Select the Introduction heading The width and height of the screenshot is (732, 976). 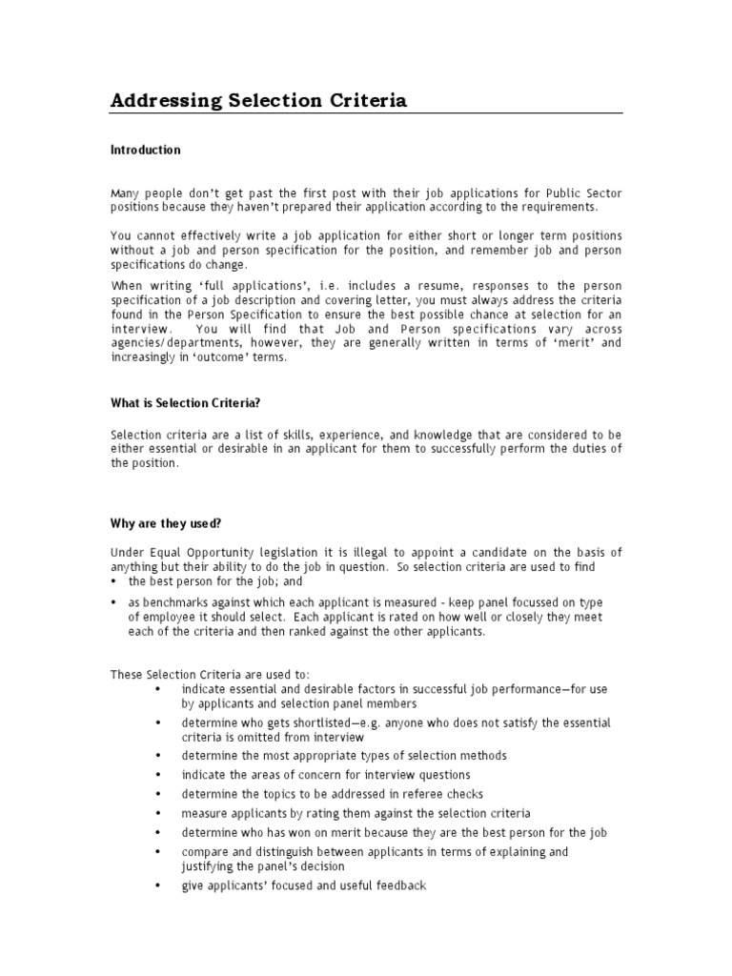[145, 151]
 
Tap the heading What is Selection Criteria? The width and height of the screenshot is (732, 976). [185, 403]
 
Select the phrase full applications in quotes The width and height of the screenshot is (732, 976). [210, 285]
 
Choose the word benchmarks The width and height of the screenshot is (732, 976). [166, 602]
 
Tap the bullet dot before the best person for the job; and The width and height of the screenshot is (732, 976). [114, 580]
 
